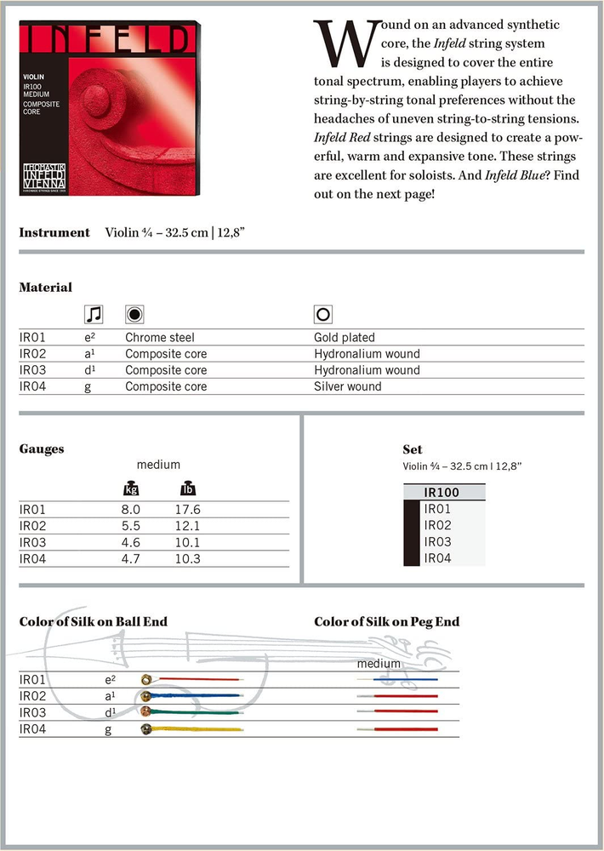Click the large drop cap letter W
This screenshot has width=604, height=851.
pyautogui.click(x=341, y=43)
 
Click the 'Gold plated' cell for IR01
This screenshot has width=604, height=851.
pyautogui.click(x=344, y=338)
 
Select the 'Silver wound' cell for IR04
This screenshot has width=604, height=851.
pyautogui.click(x=347, y=386)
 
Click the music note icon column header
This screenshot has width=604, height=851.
pyautogui.click(x=94, y=314)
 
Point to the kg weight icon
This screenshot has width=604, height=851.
pyautogui.click(x=131, y=489)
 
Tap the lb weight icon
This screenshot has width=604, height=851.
pyautogui.click(x=187, y=489)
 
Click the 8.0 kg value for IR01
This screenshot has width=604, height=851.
pyautogui.click(x=130, y=510)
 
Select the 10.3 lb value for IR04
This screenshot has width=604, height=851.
pyautogui.click(x=187, y=558)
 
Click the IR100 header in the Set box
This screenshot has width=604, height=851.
pyautogui.click(x=442, y=492)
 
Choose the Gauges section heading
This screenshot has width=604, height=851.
pyautogui.click(x=42, y=448)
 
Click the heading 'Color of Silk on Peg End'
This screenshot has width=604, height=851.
pyautogui.click(x=386, y=622)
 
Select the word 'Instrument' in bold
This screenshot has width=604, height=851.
pyautogui.click(x=54, y=232)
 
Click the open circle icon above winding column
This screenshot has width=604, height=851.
pyautogui.click(x=322, y=314)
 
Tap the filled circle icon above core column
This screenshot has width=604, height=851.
pyautogui.click(x=134, y=314)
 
